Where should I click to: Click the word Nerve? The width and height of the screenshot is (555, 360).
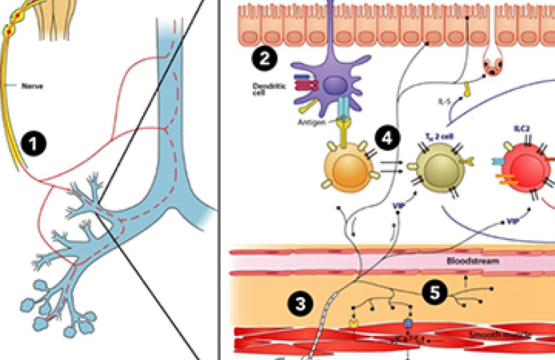click(33, 85)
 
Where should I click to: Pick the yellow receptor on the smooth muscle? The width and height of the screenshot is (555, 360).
click(353, 323)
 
